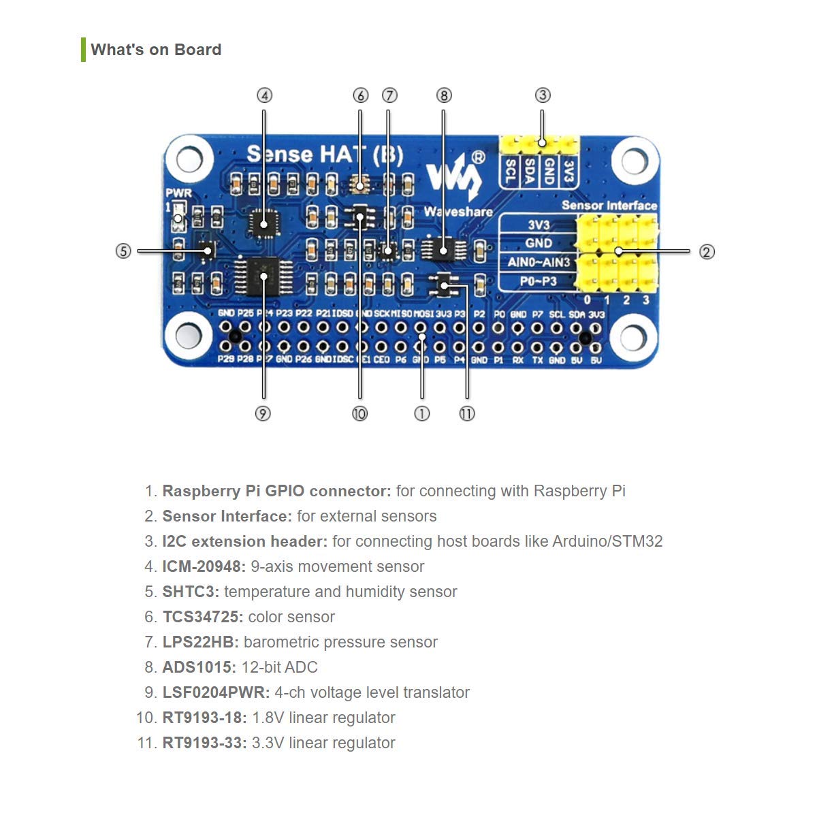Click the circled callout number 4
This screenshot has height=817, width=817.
tap(264, 95)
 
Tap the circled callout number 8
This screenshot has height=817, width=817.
tap(444, 95)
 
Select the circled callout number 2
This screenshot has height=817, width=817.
tap(707, 252)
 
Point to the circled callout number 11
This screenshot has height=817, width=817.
tap(467, 413)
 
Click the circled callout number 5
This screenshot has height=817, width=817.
tap(123, 251)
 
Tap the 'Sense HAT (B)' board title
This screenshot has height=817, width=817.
tap(324, 155)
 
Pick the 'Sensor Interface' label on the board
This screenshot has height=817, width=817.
tap(609, 205)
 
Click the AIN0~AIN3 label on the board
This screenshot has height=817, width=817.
tap(539, 262)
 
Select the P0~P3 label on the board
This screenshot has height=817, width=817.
tap(539, 281)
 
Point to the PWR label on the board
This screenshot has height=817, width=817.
tap(178, 193)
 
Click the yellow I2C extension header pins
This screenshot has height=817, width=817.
tap(539, 144)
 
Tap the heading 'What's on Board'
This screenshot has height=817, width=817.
tap(156, 50)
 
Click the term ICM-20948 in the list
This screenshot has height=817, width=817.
tap(204, 566)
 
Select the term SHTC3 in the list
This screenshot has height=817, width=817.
tap(191, 592)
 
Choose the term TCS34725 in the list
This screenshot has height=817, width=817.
tap(202, 617)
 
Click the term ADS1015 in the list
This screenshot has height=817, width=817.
tap(199, 667)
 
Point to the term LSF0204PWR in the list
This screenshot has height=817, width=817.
tap(216, 692)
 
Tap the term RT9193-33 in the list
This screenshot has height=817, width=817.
tap(204, 743)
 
